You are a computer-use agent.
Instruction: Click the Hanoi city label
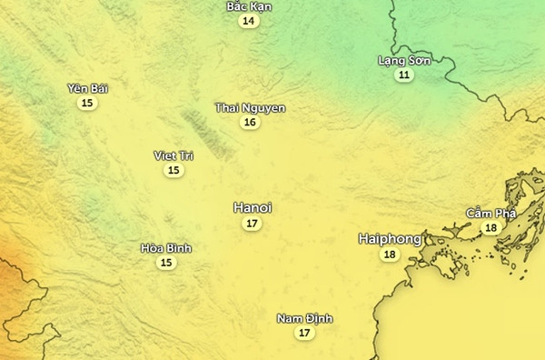pos(253,207)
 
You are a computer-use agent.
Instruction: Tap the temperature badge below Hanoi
pos(253,224)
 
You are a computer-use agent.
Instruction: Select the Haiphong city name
pos(390,238)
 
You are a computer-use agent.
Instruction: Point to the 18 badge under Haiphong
pos(390,255)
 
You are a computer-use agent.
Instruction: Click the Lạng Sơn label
pos(403,60)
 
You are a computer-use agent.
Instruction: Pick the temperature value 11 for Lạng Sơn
pos(403,75)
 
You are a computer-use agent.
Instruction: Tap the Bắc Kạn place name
pos(249,6)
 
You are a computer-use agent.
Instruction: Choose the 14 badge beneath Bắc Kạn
pos(249,21)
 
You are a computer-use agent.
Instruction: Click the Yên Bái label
pos(86,88)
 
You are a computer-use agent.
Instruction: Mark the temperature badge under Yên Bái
pos(86,103)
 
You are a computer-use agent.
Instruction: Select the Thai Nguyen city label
pos(250,108)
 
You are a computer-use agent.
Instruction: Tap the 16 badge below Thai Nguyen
pos(250,123)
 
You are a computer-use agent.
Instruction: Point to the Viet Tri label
pos(173,155)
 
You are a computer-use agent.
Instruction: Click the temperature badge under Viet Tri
pos(173,170)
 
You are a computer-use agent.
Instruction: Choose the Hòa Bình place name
pos(166,248)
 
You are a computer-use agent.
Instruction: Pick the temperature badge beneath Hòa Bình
pos(166,263)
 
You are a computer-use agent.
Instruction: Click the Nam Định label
pos(305,318)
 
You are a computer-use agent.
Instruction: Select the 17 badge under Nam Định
pos(305,333)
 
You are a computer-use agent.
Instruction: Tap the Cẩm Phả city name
pos(490,213)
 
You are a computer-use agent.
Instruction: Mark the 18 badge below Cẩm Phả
pos(490,227)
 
